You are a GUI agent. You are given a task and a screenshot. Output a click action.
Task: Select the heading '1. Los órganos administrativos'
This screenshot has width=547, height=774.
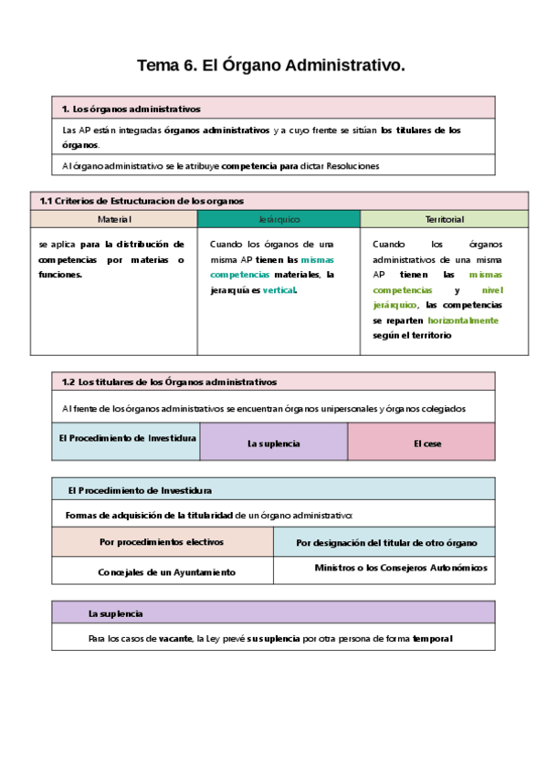point(131,110)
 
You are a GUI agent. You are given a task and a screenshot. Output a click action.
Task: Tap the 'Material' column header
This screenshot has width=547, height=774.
point(114,220)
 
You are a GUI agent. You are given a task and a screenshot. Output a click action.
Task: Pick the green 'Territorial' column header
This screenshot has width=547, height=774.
point(444,220)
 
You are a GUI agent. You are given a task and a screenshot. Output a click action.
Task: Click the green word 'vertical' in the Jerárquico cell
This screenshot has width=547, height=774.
point(279,290)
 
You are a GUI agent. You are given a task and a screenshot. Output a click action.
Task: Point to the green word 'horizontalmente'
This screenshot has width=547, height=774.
point(463,320)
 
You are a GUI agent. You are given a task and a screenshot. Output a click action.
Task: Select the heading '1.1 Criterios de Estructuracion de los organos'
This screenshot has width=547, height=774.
point(142,201)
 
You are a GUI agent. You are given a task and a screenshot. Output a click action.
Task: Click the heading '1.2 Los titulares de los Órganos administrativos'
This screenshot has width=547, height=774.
point(169,382)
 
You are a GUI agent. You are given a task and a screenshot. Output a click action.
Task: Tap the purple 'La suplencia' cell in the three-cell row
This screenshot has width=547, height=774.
point(274,444)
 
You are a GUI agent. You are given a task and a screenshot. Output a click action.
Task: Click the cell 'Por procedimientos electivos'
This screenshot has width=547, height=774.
point(162,542)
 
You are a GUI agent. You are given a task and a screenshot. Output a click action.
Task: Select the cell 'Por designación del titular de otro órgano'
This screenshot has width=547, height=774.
point(386,543)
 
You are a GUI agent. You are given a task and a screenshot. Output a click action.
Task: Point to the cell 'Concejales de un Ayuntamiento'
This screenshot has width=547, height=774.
point(166,572)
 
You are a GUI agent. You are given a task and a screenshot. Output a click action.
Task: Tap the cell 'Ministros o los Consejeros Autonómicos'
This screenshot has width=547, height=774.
point(400,568)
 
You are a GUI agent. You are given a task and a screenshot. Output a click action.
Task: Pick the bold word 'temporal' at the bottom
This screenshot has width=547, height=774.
point(432,639)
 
